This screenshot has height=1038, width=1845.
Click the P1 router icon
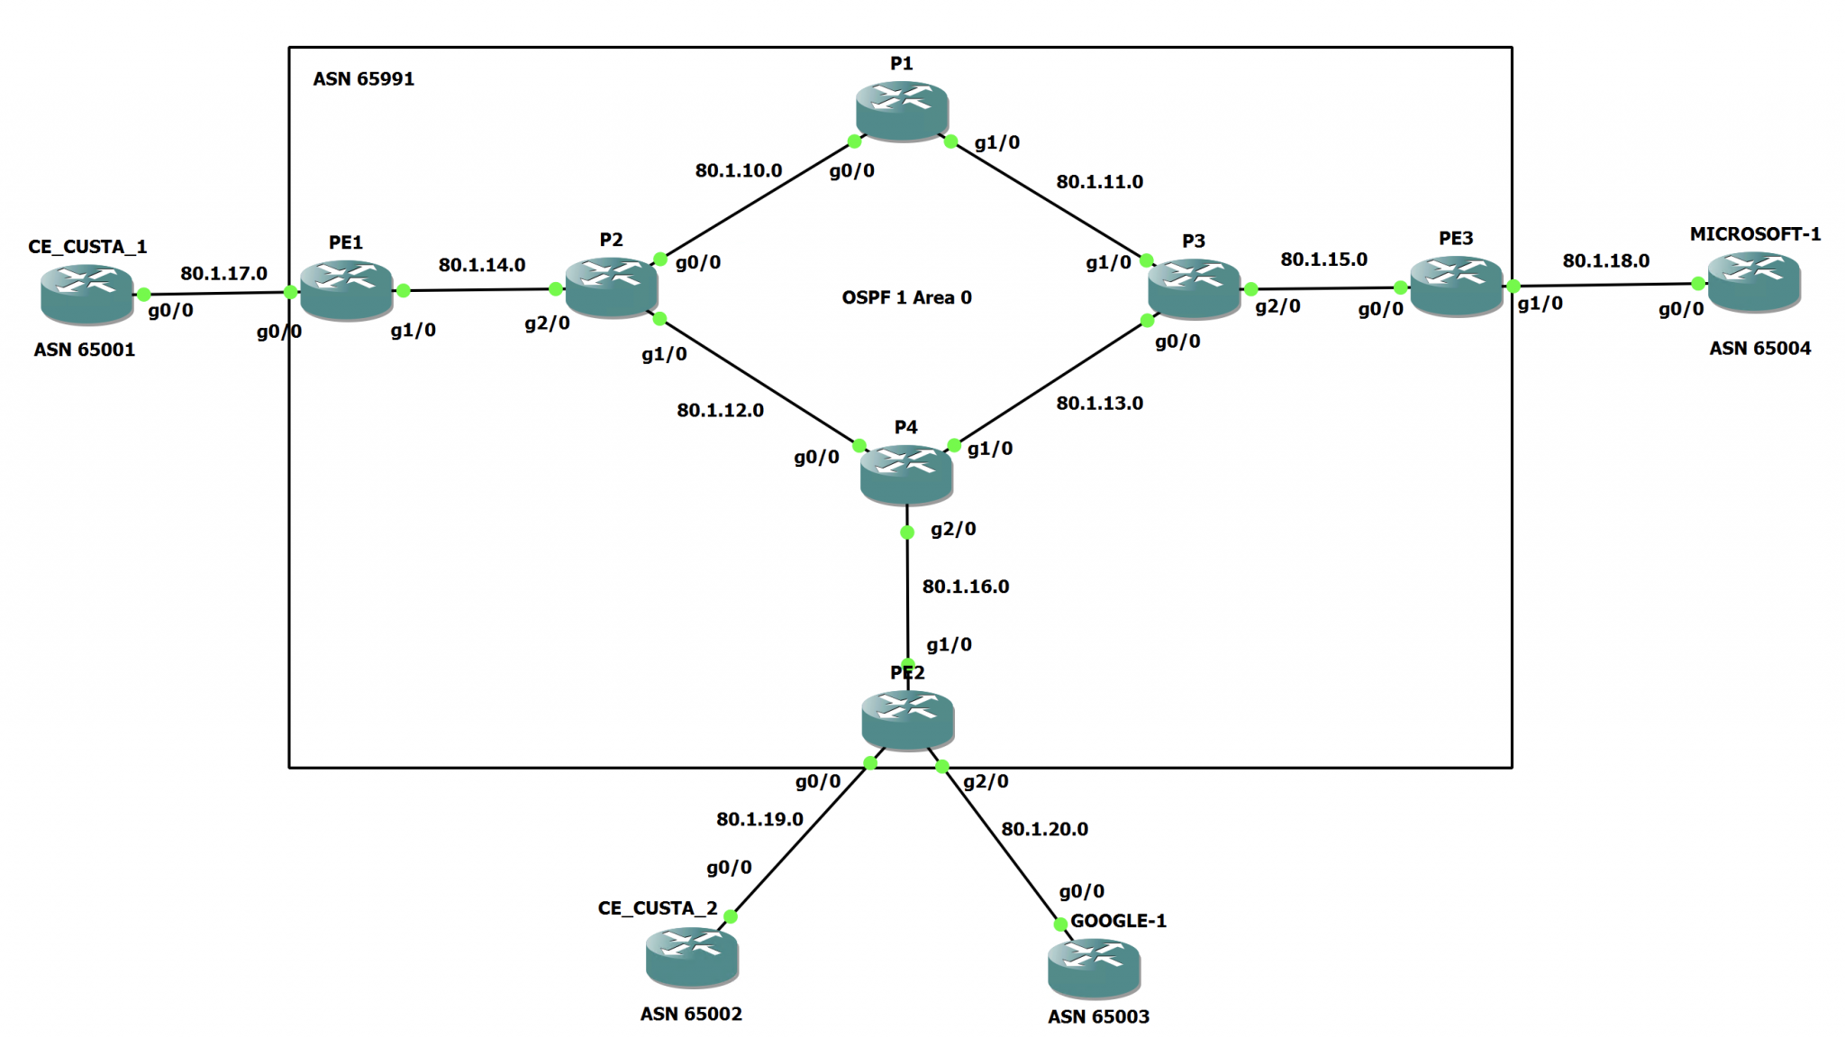click(901, 110)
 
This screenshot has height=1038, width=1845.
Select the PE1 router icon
click(346, 289)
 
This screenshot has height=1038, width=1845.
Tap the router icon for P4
click(905, 474)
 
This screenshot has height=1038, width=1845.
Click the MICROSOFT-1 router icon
click(1753, 281)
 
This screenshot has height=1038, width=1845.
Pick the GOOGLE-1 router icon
click(1094, 968)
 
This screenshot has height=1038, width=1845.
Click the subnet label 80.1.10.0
click(738, 170)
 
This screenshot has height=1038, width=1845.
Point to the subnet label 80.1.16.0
click(965, 587)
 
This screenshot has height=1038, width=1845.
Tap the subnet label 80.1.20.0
click(1044, 829)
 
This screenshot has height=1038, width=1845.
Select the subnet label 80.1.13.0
click(1099, 404)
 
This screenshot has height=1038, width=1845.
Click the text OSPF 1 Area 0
click(906, 297)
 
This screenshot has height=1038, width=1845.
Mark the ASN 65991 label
click(363, 79)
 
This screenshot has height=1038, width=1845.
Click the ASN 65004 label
click(1759, 349)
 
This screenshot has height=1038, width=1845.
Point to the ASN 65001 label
click(84, 350)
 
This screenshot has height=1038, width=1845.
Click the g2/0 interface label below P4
click(952, 530)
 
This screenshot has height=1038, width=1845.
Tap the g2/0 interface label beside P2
click(547, 323)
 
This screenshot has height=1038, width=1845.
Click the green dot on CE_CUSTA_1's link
click(143, 295)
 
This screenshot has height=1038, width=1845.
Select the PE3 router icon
click(1456, 286)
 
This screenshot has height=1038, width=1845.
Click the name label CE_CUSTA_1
click(87, 247)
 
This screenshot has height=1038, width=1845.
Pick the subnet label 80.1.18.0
click(1605, 261)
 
